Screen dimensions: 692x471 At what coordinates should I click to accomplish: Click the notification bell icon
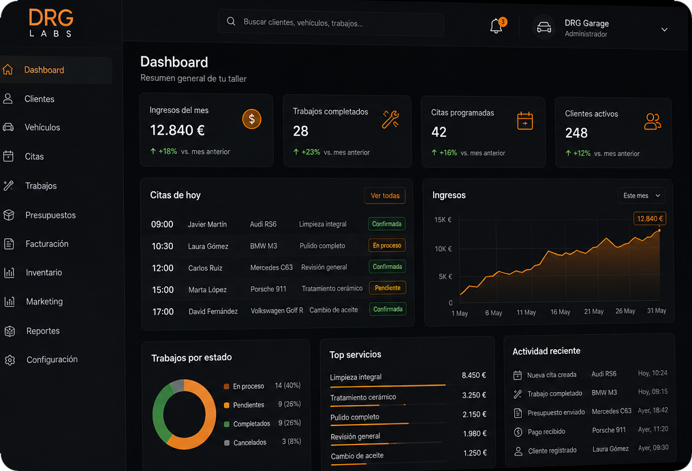tap(496, 27)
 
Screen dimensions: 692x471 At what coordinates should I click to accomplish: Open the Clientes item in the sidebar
tap(40, 99)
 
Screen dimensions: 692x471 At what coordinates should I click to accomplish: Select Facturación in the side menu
tap(47, 244)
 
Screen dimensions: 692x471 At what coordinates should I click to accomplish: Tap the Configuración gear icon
tap(10, 360)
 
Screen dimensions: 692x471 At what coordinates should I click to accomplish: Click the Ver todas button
tap(385, 195)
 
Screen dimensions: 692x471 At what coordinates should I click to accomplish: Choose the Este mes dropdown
tap(641, 195)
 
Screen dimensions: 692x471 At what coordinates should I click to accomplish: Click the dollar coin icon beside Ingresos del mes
tap(251, 119)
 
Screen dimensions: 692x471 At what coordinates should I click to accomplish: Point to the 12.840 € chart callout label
tap(650, 218)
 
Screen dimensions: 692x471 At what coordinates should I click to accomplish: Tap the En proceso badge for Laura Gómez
tap(387, 245)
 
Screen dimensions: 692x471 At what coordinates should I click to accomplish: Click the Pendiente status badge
tap(388, 287)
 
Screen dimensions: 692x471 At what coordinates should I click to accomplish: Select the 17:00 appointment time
tap(163, 312)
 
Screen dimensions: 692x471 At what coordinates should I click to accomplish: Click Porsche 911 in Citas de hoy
tap(268, 289)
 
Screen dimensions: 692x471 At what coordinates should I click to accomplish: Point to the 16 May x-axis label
tap(560, 312)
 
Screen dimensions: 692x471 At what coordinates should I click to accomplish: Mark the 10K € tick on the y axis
tap(443, 248)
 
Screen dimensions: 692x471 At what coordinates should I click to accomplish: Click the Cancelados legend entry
tap(250, 442)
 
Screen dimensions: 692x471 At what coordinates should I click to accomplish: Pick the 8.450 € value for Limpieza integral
tap(473, 375)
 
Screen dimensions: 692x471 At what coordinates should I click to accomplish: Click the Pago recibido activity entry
tap(546, 432)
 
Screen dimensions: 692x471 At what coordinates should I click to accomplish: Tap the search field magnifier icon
tap(231, 21)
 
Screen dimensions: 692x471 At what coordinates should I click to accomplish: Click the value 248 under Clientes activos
tap(576, 133)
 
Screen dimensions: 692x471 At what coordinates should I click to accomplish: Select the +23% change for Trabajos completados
tap(311, 152)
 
